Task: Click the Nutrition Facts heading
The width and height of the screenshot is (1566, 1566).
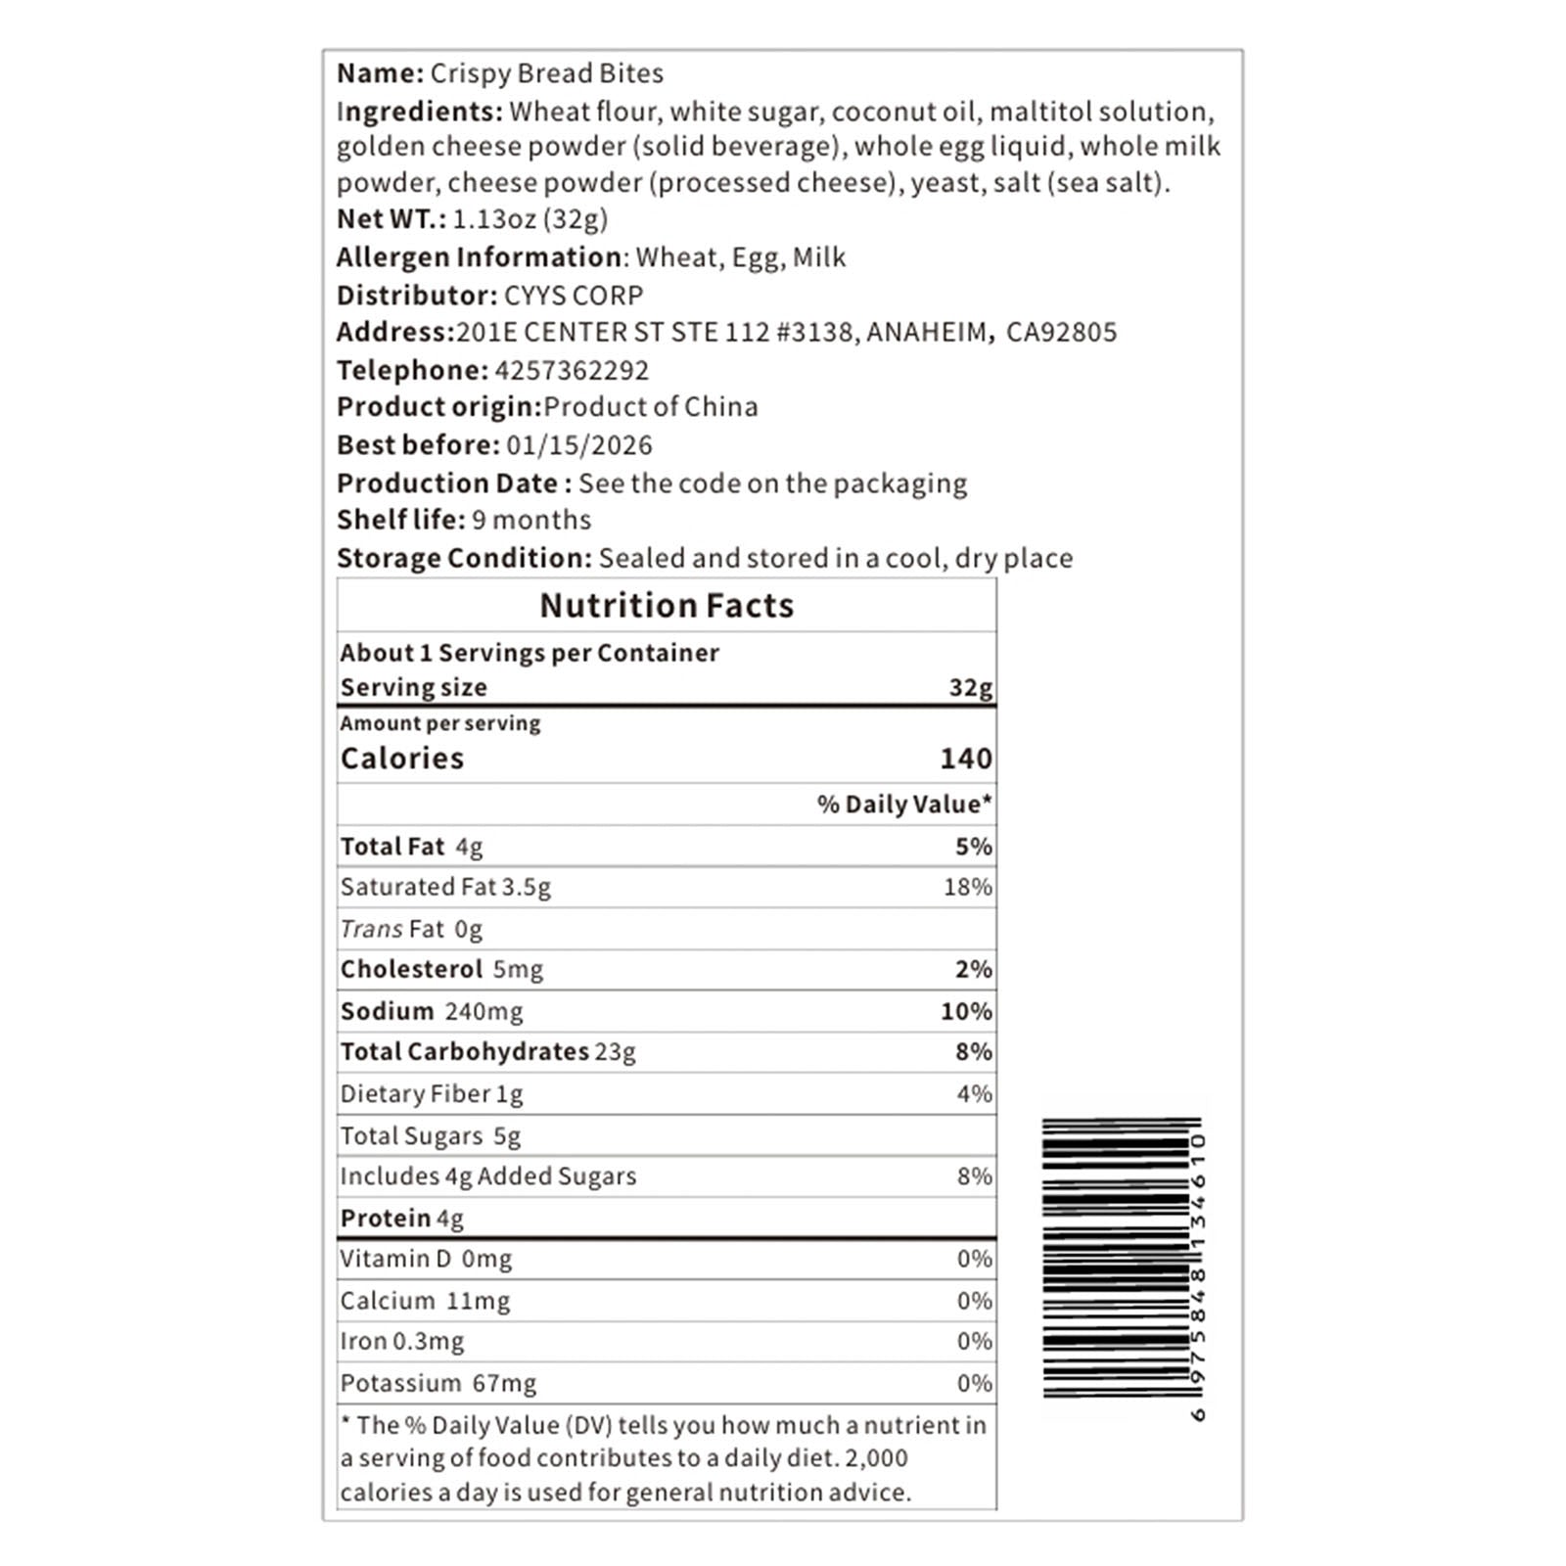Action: pyautogui.click(x=667, y=606)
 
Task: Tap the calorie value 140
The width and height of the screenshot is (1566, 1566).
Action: pyautogui.click(x=965, y=759)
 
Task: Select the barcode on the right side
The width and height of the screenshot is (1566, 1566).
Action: pyautogui.click(x=1120, y=1259)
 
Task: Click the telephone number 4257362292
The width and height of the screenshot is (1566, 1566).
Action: pyautogui.click(x=572, y=370)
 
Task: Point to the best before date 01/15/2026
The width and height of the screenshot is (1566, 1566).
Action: pyautogui.click(x=579, y=445)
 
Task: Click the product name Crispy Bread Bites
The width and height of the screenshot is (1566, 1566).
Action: pyautogui.click(x=547, y=73)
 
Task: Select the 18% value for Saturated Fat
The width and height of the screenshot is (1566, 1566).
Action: pyautogui.click(x=968, y=887)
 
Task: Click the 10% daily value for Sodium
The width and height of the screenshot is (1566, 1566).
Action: pyautogui.click(x=966, y=1011)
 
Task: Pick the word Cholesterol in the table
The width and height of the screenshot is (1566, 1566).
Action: pyautogui.click(x=412, y=969)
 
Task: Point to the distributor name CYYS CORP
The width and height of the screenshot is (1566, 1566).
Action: pyautogui.click(x=574, y=296)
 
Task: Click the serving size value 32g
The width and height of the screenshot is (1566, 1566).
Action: pyautogui.click(x=970, y=687)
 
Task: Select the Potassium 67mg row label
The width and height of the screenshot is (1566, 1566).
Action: pyautogui.click(x=438, y=1383)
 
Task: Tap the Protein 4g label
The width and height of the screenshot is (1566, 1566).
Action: pyautogui.click(x=402, y=1219)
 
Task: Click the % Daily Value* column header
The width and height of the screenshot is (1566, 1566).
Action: pyautogui.click(x=904, y=805)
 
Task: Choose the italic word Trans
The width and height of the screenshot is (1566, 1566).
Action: pyautogui.click(x=372, y=929)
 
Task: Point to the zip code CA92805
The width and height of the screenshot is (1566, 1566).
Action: pyautogui.click(x=1061, y=333)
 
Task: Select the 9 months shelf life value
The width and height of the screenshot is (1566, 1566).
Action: pyautogui.click(x=531, y=520)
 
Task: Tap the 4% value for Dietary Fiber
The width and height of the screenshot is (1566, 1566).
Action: pyautogui.click(x=974, y=1093)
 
